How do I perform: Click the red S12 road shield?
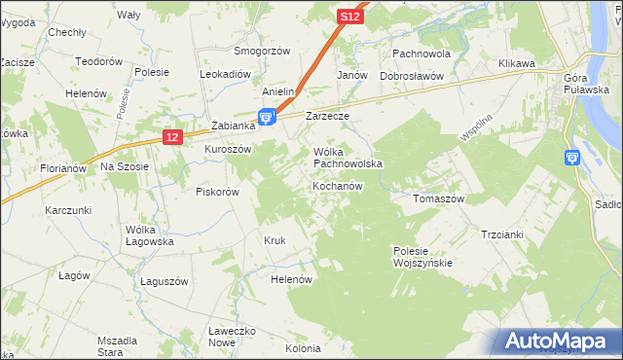[351, 17]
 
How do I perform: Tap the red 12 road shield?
[172, 138]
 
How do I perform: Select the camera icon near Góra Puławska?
[572, 158]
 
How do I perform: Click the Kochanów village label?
[339, 185]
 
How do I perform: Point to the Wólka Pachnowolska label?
[348, 158]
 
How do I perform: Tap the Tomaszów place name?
[439, 198]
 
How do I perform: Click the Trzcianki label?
[502, 234]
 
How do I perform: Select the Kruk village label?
[275, 239]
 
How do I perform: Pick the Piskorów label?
[217, 192]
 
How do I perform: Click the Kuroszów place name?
[228, 149]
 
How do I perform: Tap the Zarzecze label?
[327, 116]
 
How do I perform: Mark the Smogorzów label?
[262, 50]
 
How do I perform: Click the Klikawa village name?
[518, 63]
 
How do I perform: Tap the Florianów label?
[64, 168]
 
